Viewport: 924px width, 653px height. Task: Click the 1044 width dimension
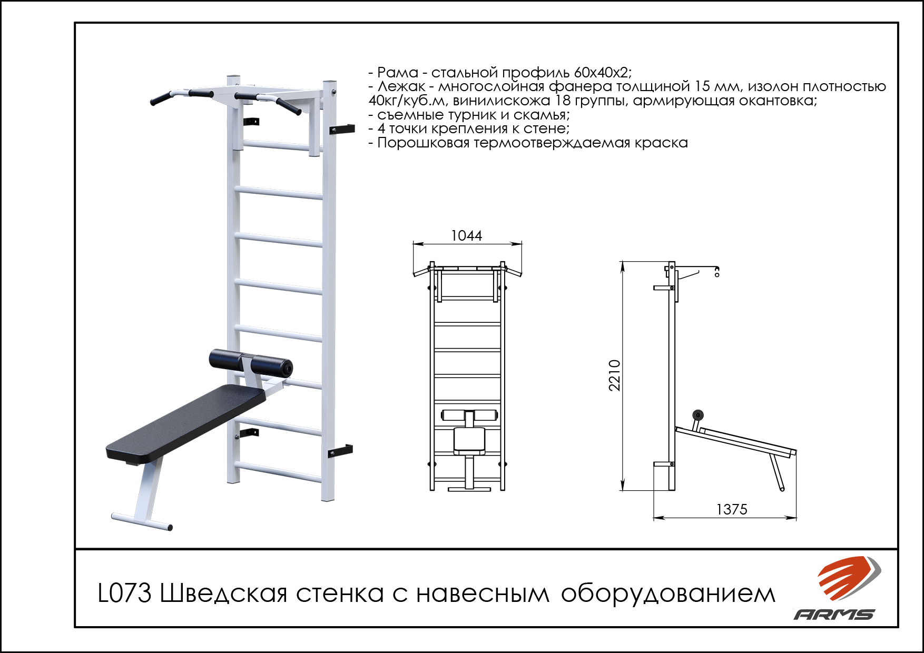467,235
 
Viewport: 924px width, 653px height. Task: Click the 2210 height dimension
615,375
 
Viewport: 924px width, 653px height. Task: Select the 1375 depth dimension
732,509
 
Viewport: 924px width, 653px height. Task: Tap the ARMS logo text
834,614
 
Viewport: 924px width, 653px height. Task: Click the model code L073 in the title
125,593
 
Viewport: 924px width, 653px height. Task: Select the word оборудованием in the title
668,594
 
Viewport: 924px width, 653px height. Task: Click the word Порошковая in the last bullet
423,143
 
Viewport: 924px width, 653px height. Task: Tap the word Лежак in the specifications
401,86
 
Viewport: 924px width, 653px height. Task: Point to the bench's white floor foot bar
142,520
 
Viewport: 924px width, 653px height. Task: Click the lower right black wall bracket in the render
340,451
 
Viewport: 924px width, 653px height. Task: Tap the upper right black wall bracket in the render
341,129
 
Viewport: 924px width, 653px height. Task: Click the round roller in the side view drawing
698,414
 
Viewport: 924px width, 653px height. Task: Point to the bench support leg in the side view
776,472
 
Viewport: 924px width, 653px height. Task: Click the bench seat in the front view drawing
469,440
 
